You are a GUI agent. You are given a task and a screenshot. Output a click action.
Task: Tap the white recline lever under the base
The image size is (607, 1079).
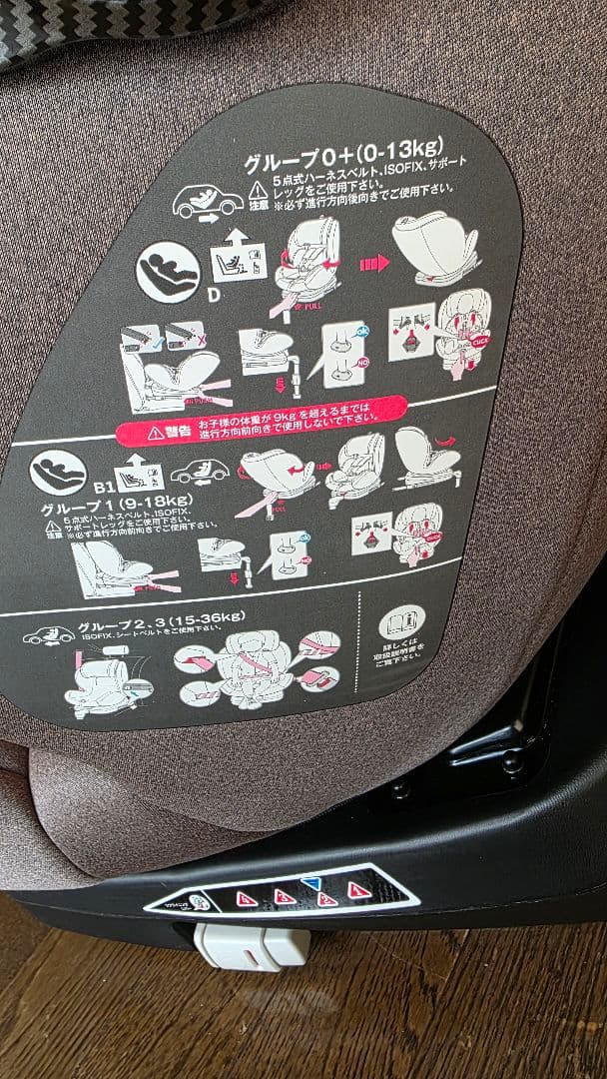click(250, 944)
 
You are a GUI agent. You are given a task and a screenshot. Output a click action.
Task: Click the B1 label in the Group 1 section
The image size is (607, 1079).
click(100, 486)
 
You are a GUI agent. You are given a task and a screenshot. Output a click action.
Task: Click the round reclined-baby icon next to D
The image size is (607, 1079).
click(167, 273)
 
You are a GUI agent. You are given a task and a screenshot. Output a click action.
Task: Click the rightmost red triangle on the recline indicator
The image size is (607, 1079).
click(358, 889)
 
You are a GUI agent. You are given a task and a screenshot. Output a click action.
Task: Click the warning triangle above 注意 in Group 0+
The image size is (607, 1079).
click(259, 189)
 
